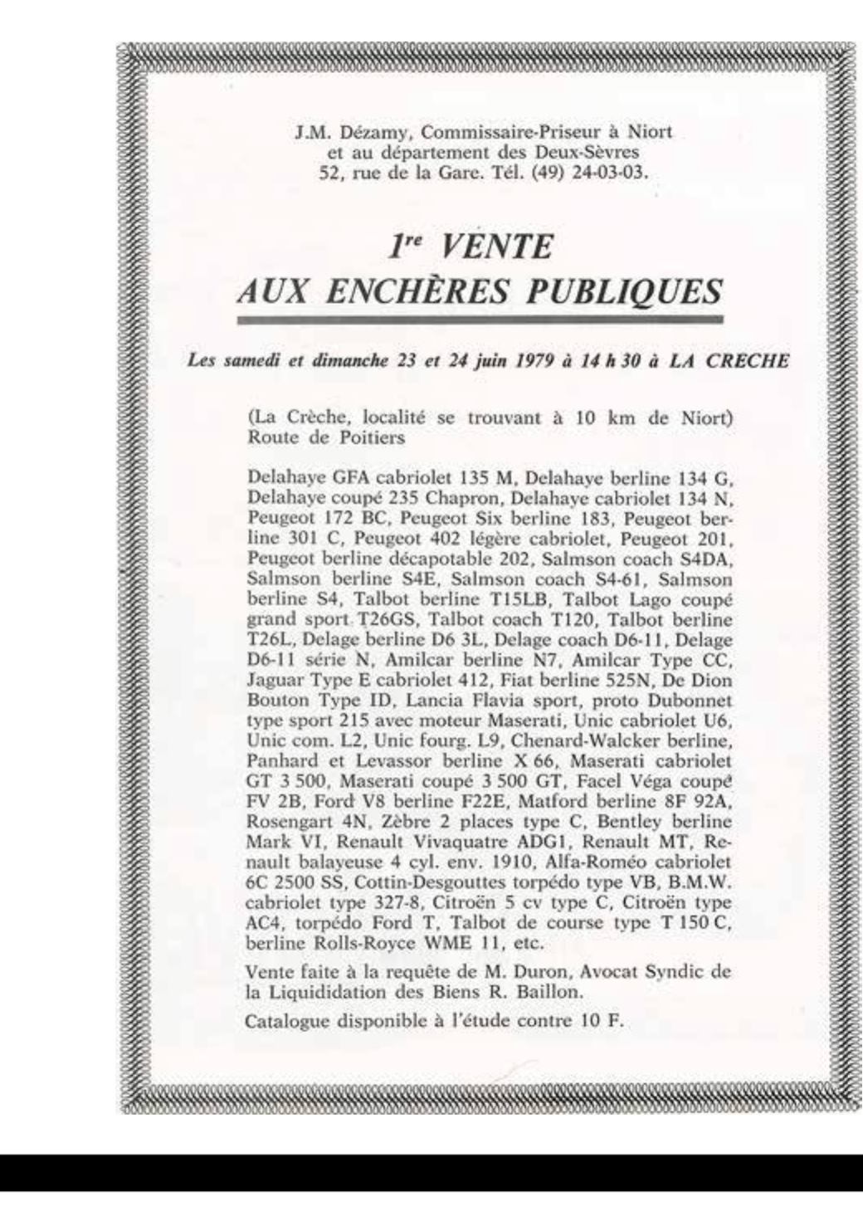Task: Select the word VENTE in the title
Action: click(x=495, y=247)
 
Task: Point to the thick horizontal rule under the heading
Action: click(x=480, y=320)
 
